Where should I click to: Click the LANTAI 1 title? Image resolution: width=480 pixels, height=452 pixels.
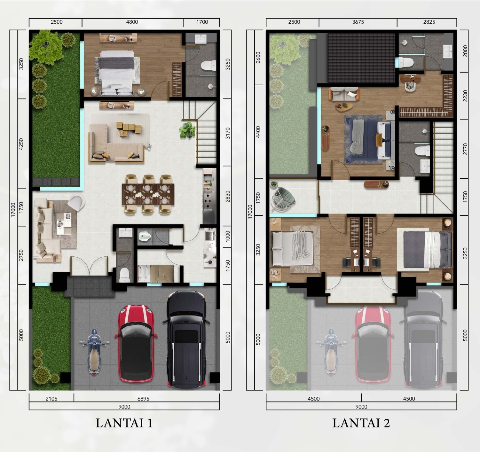[124, 423]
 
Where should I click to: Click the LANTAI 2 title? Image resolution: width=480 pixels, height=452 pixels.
[361, 423]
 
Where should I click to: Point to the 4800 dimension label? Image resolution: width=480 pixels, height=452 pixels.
[132, 22]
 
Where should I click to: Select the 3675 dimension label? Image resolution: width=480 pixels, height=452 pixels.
[358, 22]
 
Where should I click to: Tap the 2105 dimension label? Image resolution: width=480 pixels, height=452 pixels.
[51, 399]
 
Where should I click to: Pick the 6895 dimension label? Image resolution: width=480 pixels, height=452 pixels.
[143, 399]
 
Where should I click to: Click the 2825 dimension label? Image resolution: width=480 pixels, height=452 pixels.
[429, 22]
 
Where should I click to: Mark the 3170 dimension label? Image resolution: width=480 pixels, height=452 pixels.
[228, 133]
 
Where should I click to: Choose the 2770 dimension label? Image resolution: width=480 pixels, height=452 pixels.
[465, 149]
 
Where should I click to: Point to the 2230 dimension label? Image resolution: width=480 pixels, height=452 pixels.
[465, 96]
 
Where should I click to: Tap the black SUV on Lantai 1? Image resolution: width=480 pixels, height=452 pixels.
[186, 339]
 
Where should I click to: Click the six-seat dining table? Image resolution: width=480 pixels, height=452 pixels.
[148, 194]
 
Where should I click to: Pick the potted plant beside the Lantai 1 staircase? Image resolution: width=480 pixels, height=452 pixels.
[187, 130]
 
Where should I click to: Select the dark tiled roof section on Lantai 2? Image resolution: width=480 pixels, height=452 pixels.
[361, 58]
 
